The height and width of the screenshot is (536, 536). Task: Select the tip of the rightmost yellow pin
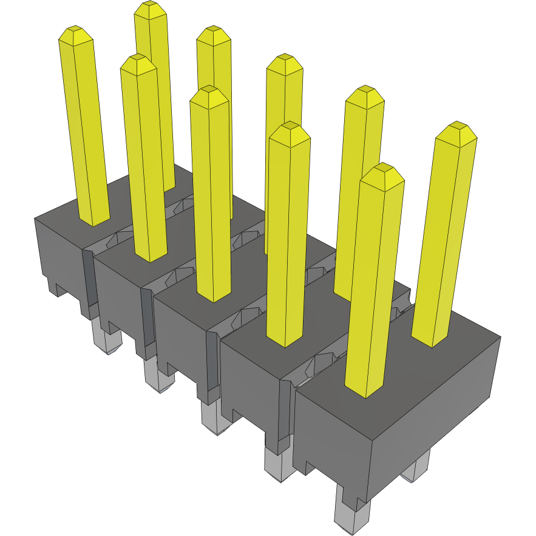click(456, 129)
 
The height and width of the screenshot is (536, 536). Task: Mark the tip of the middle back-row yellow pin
click(285, 61)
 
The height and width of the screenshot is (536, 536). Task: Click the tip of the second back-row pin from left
click(214, 33)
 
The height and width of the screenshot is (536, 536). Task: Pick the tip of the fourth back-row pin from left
click(365, 93)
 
